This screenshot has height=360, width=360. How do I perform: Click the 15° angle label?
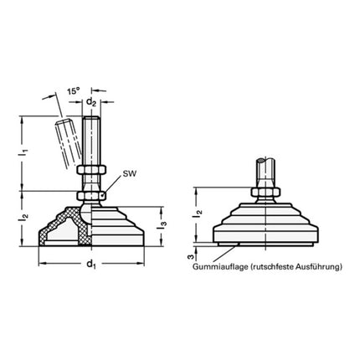75,90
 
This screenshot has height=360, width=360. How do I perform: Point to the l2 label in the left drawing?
24,219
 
